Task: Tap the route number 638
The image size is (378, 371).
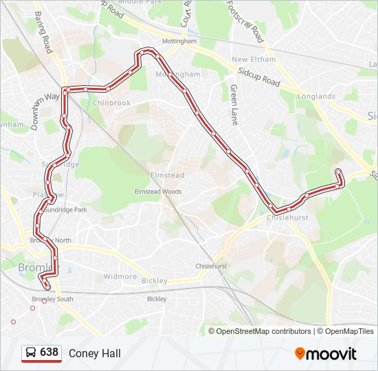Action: [x=49, y=352]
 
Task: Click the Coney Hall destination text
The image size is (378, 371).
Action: [x=94, y=353]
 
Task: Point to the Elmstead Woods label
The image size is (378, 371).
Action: [x=158, y=192]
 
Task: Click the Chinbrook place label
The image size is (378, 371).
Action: [x=111, y=103]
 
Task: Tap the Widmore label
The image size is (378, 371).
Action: [x=120, y=277]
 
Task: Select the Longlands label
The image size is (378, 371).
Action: [x=316, y=97]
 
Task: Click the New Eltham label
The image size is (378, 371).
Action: [x=254, y=60]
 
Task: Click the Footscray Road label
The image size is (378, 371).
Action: [x=245, y=21]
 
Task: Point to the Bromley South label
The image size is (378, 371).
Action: [x=52, y=299]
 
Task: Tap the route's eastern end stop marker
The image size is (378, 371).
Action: [x=338, y=172]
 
